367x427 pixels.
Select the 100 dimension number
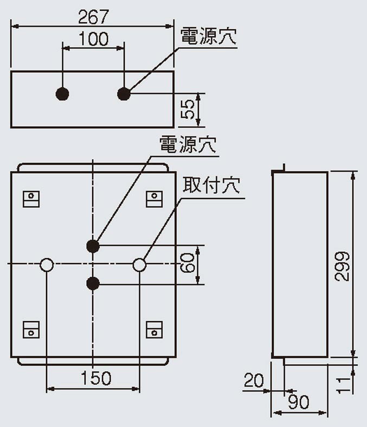tap(93, 39)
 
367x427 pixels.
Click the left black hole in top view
tap(63, 93)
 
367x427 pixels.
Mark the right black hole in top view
tap(125, 93)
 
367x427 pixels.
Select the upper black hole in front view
tap(93, 245)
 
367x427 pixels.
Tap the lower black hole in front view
tap(93, 283)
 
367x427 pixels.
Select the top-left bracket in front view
tap(31, 199)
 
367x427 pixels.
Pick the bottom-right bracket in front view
tap(154, 328)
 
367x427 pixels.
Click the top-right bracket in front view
tap(154, 199)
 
